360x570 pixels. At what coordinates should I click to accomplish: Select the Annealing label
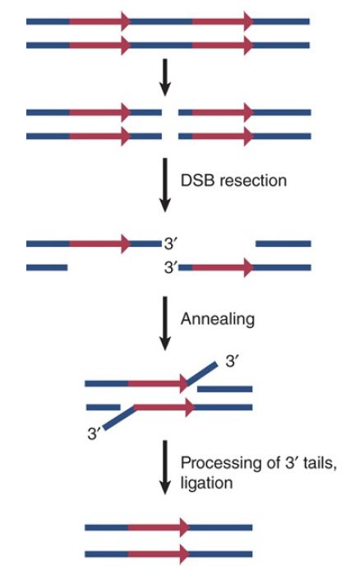point(218,319)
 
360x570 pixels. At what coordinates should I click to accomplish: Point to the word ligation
point(206,484)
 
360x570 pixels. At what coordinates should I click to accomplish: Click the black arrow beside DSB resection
point(165,185)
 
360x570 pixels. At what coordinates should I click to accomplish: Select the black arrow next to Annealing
point(165,323)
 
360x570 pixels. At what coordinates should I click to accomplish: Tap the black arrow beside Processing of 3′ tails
point(165,467)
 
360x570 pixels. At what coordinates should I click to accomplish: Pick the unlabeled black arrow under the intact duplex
point(165,77)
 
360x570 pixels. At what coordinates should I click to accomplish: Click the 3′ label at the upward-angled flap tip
point(232,363)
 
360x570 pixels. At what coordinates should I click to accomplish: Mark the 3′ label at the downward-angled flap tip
point(94,433)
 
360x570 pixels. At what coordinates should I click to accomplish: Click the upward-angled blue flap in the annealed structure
point(202,373)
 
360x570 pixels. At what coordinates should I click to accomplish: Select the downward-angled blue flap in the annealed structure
point(120,418)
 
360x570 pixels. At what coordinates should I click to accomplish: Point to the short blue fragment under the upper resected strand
point(47,267)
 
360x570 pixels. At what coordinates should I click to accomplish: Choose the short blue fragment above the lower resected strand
point(284,244)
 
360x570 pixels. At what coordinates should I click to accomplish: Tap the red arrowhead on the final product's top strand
point(184,527)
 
